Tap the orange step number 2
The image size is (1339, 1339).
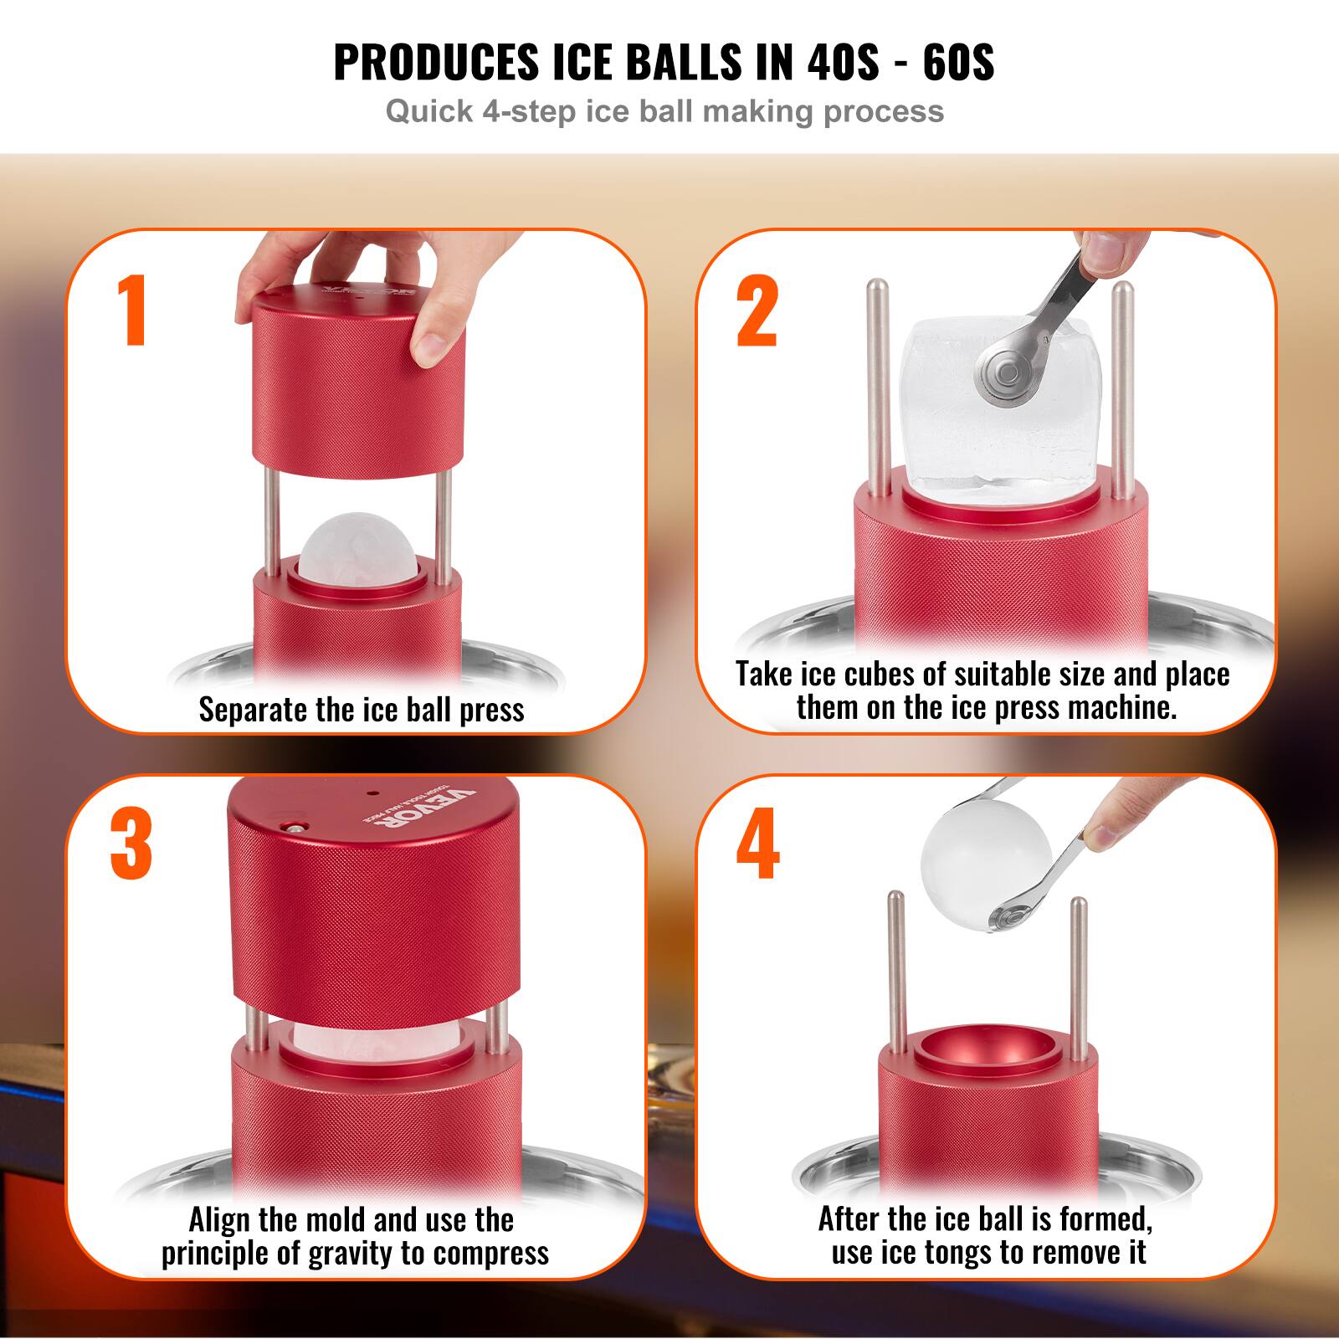coord(758,311)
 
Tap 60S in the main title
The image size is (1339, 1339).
coord(958,61)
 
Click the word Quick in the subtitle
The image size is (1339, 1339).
coord(428,111)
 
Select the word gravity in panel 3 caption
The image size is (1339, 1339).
coord(386,1253)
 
